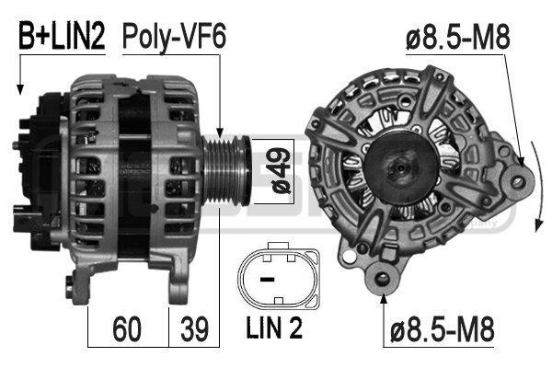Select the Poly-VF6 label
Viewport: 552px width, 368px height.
174,37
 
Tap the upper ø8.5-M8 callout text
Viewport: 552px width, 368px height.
456,37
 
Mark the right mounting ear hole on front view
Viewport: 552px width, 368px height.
519,181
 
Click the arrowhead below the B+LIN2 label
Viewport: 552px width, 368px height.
18,90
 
